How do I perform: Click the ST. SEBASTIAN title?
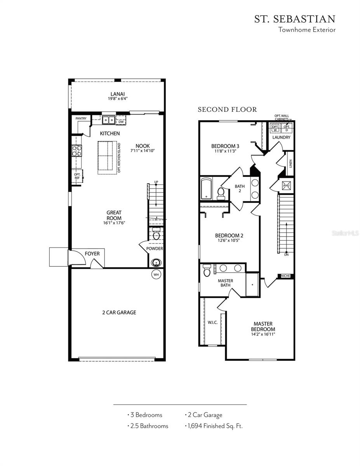click(x=294, y=19)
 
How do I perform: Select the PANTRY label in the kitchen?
click(x=81, y=118)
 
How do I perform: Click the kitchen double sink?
click(x=108, y=120)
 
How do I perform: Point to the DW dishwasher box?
click(x=121, y=122)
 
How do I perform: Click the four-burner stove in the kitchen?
click(x=77, y=150)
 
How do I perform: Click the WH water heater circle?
click(x=156, y=275)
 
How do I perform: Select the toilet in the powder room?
click(x=157, y=235)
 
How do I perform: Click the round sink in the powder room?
click(x=157, y=262)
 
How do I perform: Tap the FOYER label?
click(x=92, y=254)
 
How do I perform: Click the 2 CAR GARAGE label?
click(x=119, y=312)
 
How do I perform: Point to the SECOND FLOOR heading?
click(x=227, y=110)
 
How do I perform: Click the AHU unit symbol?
click(x=287, y=186)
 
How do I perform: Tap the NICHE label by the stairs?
click(x=285, y=276)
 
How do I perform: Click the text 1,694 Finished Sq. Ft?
click(x=214, y=426)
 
